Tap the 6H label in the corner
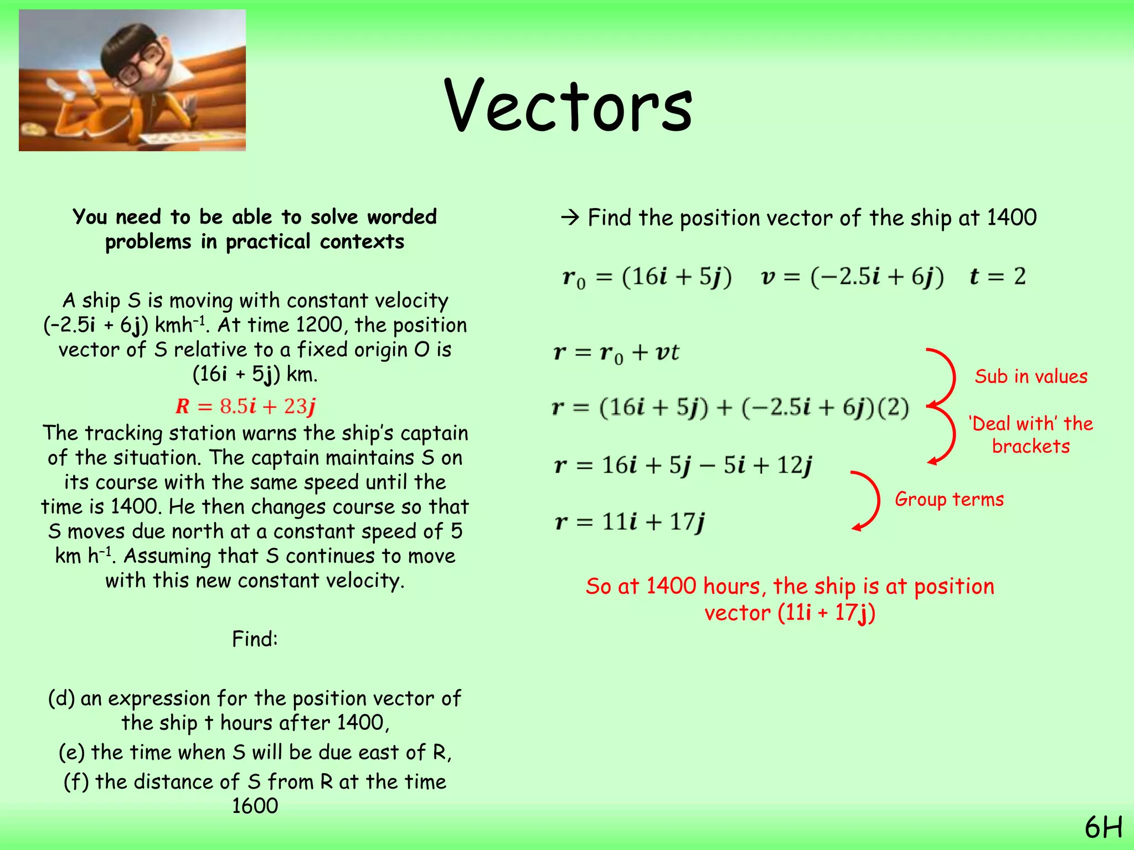coord(1103,828)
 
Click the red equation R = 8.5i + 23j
coord(245,406)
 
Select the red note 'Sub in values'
coord(1031,376)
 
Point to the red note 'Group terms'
coord(949,499)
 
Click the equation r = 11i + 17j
coord(630,522)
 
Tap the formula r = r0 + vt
coord(616,353)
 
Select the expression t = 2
coord(998,276)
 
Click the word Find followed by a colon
coord(255,639)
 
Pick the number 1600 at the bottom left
coord(255,806)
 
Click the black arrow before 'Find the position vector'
coord(570,218)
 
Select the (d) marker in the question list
coord(61,698)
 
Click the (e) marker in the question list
coord(71,753)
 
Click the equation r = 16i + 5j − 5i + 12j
coord(683,465)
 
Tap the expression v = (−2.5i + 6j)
coord(852,276)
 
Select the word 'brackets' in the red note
coord(1030,446)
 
